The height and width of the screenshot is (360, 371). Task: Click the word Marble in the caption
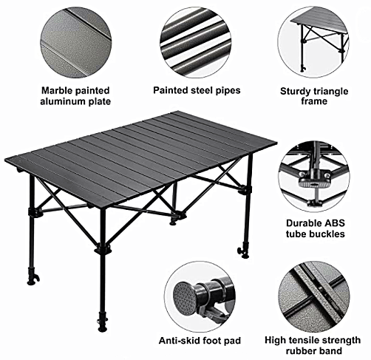(x=57, y=91)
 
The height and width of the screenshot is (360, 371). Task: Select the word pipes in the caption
(x=228, y=90)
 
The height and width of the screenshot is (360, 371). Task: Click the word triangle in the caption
(x=330, y=92)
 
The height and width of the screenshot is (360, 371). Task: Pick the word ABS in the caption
(x=335, y=223)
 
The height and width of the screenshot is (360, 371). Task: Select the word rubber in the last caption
(x=301, y=350)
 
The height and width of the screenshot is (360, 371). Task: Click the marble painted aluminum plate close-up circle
(x=76, y=43)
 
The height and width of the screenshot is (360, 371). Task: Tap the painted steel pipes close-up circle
(x=196, y=43)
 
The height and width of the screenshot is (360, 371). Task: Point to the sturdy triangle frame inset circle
(x=313, y=42)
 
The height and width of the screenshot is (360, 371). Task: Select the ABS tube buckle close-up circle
(x=315, y=177)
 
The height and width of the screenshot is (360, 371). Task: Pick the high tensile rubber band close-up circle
(x=314, y=297)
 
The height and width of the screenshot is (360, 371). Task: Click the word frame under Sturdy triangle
(x=314, y=101)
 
